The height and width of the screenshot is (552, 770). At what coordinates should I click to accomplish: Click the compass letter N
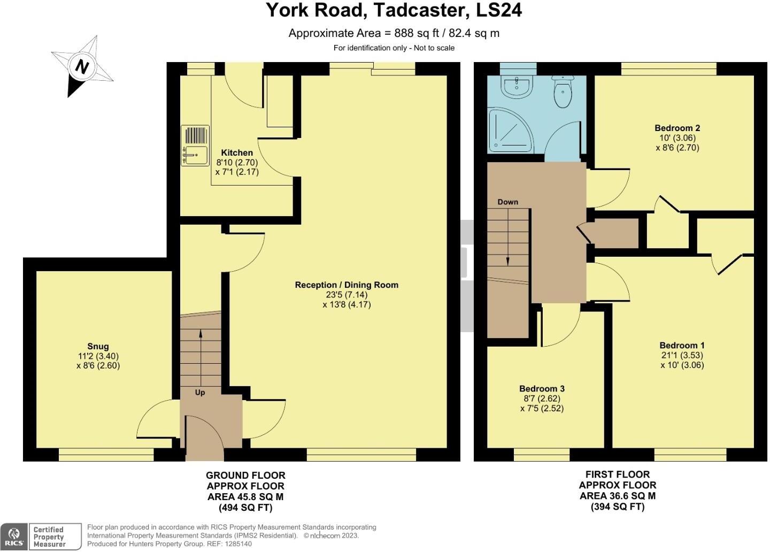click(81, 67)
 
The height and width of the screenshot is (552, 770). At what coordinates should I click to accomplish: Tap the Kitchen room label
click(237, 152)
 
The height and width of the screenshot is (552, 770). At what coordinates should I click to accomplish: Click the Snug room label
click(98, 346)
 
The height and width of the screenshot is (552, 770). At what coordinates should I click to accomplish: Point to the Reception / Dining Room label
click(346, 285)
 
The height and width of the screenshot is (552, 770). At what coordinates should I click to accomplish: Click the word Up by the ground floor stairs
click(200, 392)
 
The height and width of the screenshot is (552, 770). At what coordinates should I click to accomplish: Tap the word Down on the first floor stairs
click(507, 202)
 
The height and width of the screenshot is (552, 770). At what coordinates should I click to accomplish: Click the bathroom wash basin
click(516, 87)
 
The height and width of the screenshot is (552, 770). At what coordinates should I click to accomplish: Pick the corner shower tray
click(511, 128)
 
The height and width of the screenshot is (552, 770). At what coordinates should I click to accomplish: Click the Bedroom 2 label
click(677, 128)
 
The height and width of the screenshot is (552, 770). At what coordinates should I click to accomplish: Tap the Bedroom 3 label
click(542, 388)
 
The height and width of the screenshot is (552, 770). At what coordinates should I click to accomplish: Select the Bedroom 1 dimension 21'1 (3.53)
click(681, 355)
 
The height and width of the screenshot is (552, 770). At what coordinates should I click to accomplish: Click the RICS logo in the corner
click(14, 536)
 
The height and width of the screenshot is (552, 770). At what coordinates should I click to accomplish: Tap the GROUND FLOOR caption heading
click(245, 475)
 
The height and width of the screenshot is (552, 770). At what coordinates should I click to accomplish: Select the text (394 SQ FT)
click(617, 507)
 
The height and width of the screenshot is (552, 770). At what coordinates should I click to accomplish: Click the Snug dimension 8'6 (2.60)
click(98, 366)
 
